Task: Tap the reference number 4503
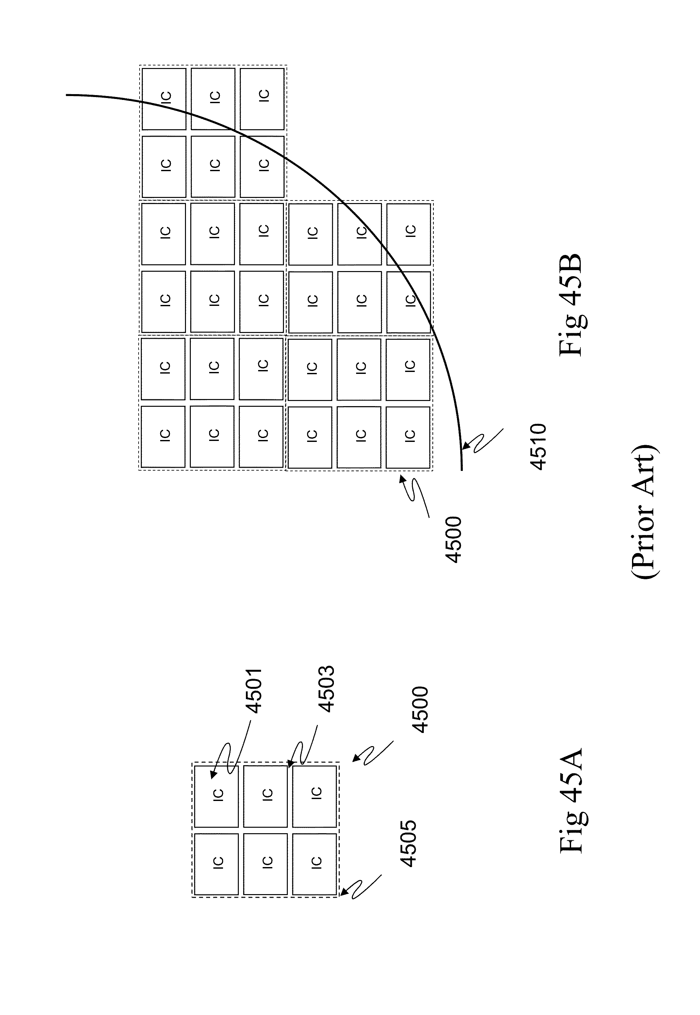coord(326,689)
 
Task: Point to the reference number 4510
coord(538,446)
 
